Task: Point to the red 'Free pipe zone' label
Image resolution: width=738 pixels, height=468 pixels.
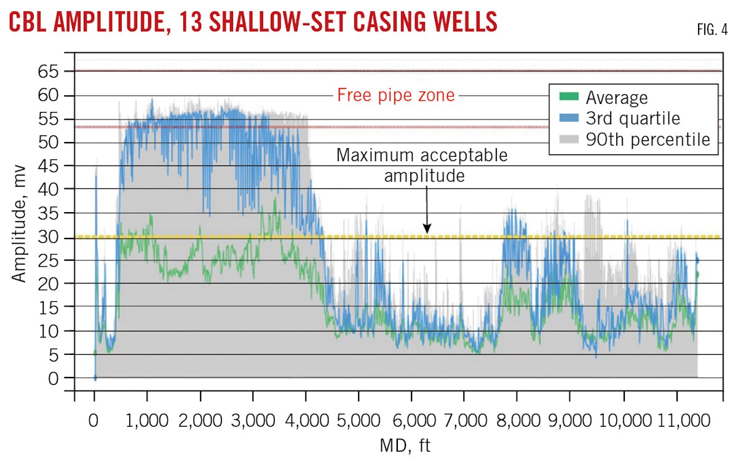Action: pyautogui.click(x=395, y=95)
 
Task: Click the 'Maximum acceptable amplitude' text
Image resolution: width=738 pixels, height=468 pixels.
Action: pyautogui.click(x=422, y=165)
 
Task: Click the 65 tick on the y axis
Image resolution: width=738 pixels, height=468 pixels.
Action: pyautogui.click(x=53, y=72)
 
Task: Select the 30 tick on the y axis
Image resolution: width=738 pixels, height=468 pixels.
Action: pyautogui.click(x=53, y=237)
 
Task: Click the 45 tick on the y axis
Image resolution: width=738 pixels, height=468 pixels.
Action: pyautogui.click(x=53, y=166)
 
